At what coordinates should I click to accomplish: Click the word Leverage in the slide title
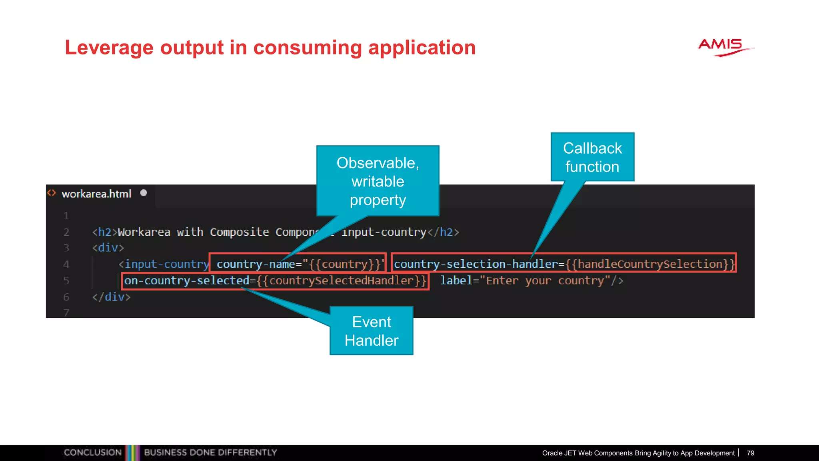(109, 48)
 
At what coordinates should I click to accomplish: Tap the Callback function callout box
(592, 157)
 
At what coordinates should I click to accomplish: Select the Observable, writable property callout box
(378, 181)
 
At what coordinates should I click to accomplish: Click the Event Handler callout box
(371, 331)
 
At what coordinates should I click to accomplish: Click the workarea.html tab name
(96, 194)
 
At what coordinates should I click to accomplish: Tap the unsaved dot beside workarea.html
(144, 193)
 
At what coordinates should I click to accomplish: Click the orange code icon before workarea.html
(52, 193)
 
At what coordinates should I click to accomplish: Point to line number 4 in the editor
(66, 264)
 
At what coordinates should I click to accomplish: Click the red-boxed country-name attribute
(297, 264)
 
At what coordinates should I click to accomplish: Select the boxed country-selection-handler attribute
(563, 264)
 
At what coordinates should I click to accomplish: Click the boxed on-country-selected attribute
(275, 281)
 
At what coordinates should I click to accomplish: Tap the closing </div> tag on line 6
(111, 297)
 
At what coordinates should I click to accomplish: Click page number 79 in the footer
(750, 453)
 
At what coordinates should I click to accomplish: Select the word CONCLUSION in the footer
(93, 453)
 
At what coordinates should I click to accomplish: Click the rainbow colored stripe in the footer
(133, 453)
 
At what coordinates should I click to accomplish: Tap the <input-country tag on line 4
(164, 264)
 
